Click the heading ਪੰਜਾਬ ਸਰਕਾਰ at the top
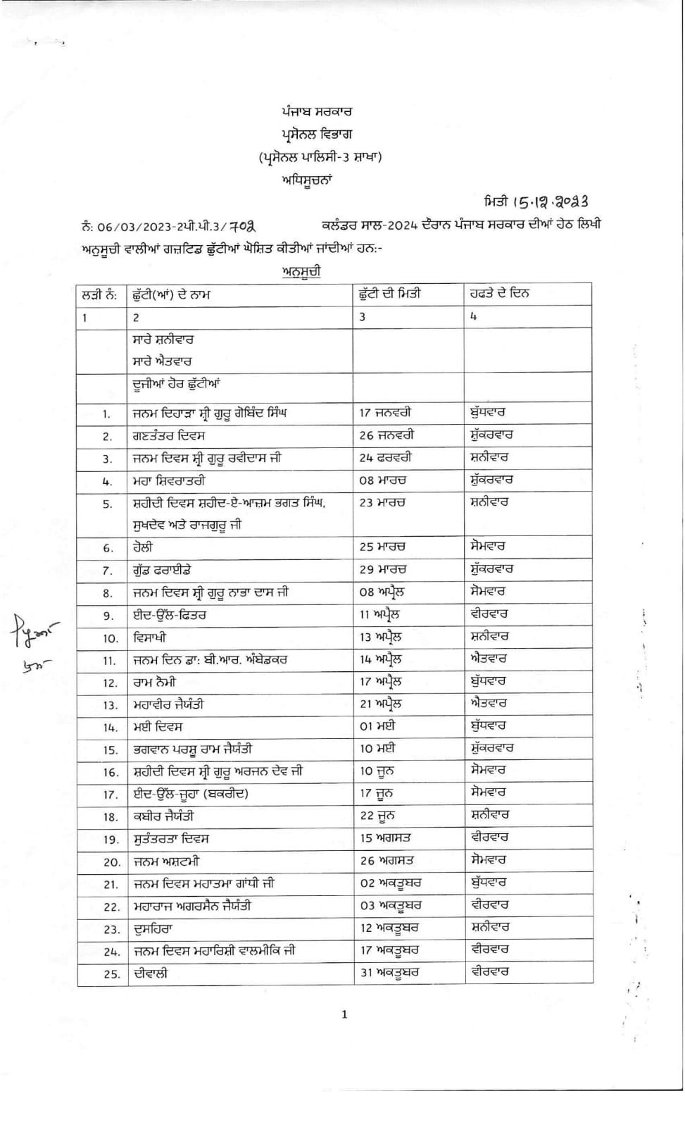(x=317, y=111)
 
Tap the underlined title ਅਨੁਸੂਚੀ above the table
(x=301, y=271)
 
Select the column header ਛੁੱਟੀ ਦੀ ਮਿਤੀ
(x=390, y=294)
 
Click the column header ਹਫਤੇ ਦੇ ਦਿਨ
(x=500, y=294)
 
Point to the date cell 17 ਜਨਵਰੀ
(x=385, y=413)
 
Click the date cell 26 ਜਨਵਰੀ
(x=387, y=435)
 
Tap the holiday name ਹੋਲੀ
(x=143, y=547)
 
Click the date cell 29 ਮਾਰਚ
(x=386, y=569)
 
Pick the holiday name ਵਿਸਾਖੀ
(x=150, y=637)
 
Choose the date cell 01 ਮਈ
(x=377, y=726)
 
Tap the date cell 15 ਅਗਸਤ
(x=385, y=838)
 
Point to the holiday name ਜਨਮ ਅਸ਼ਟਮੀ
(x=166, y=861)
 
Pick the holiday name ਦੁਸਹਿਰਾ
(x=153, y=929)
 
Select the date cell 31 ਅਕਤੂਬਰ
(x=389, y=973)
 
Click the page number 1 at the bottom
(x=344, y=1014)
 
